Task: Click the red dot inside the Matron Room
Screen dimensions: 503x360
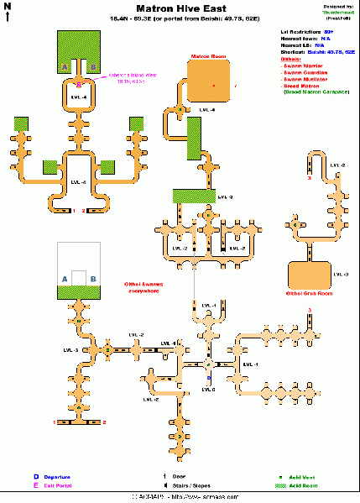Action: pyautogui.click(x=215, y=86)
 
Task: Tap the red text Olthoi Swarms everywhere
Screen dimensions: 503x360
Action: pyautogui.click(x=143, y=286)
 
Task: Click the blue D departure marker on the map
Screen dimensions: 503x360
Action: pyautogui.click(x=208, y=378)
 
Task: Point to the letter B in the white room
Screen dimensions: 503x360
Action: pyautogui.click(x=93, y=278)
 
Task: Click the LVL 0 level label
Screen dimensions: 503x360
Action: pyautogui.click(x=209, y=390)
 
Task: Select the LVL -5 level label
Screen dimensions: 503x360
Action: pyautogui.click(x=80, y=182)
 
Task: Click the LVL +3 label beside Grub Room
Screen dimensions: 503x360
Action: pyautogui.click(x=340, y=275)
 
